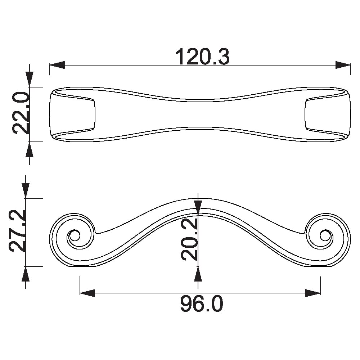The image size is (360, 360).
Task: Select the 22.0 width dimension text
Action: [x=21, y=113]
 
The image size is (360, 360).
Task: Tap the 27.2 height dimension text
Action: [x=17, y=231]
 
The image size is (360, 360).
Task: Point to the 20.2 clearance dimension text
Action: [x=189, y=239]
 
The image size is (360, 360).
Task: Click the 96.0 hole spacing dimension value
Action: [x=202, y=304]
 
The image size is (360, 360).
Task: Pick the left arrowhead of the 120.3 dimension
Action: [x=57, y=65]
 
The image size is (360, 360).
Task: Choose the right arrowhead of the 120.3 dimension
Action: [x=343, y=65]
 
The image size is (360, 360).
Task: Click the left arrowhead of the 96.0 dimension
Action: [x=87, y=293]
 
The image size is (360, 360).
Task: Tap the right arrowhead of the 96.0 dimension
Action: [x=313, y=293]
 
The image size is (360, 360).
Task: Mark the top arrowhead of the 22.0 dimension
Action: [x=30, y=80]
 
